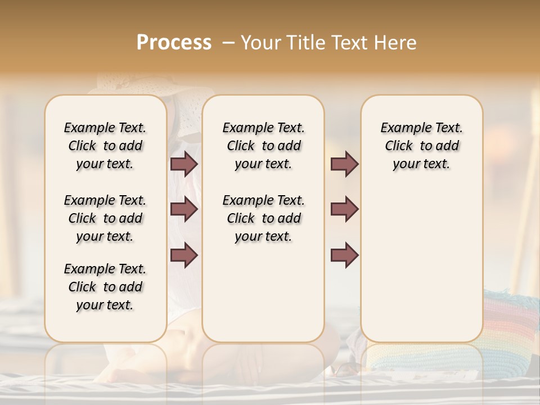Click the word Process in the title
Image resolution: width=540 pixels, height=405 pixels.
coord(174,43)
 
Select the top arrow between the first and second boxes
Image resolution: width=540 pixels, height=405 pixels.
coord(184,164)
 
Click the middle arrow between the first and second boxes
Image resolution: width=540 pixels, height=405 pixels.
coord(184,209)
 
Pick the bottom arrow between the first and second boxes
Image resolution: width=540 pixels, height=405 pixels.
coord(184,255)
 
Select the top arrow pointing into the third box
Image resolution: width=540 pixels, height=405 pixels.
coord(344,164)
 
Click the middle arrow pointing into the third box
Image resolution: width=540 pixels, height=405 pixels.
coord(344,209)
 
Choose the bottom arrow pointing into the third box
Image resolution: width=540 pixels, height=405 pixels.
coord(344,255)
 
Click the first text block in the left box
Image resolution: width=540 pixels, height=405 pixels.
coord(105,146)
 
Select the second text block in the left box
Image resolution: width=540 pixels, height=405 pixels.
coord(105,218)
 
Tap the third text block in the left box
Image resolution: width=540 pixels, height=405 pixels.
coord(105,287)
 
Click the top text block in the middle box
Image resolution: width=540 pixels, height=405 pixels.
coord(263,146)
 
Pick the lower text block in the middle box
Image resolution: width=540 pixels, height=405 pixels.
coord(263,218)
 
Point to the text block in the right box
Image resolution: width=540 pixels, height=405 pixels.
coord(421,146)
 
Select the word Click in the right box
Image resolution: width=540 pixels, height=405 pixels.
coord(399,146)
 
